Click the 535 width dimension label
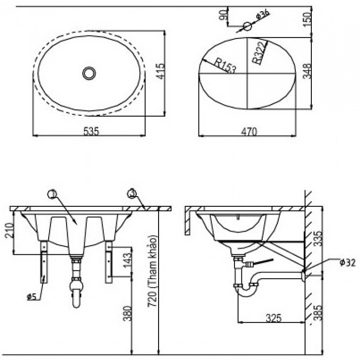point(91,131)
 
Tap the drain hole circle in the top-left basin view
point(89,73)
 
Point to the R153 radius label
point(224,65)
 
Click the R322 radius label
point(259,53)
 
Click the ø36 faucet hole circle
point(247,25)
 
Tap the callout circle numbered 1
point(53,195)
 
